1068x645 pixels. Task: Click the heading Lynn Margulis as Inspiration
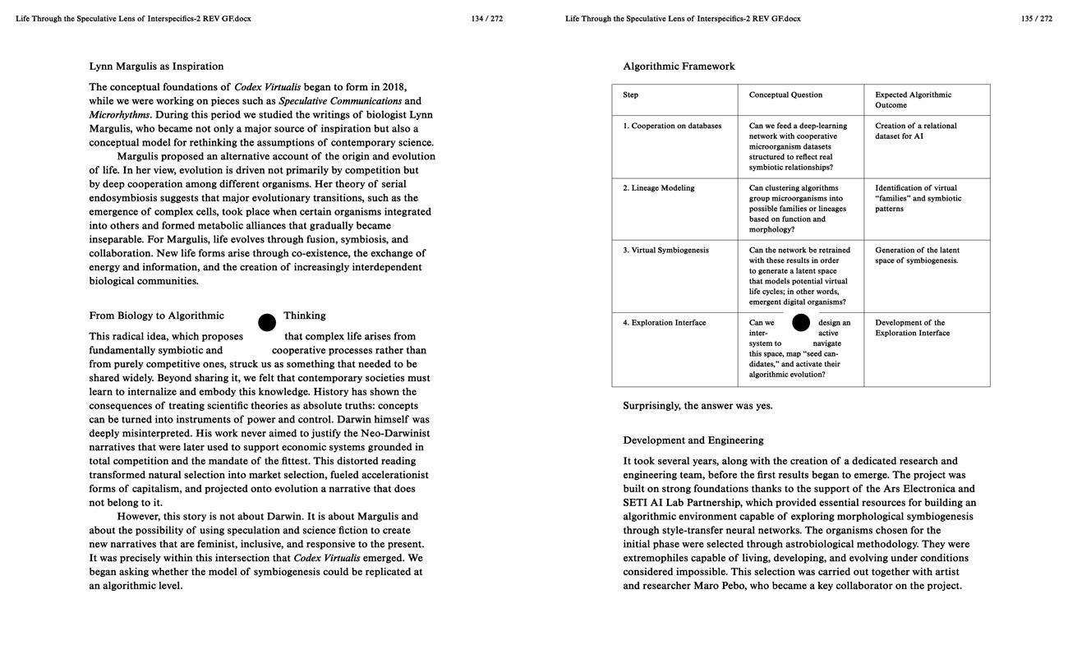(x=156, y=67)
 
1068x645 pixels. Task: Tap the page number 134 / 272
(x=487, y=19)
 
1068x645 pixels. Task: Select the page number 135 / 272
(x=1037, y=19)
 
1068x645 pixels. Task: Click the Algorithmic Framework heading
(x=679, y=67)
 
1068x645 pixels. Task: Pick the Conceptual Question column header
(x=785, y=95)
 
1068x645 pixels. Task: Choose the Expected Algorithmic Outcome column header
(x=913, y=99)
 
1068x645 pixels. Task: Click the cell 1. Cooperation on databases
(x=672, y=126)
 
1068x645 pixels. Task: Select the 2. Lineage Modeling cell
(x=658, y=188)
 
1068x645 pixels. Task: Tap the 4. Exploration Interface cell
(x=664, y=323)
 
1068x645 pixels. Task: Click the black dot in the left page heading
(x=267, y=322)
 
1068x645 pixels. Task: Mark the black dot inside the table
(x=801, y=323)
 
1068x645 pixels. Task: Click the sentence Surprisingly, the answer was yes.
(x=697, y=406)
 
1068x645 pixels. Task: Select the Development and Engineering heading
(x=693, y=440)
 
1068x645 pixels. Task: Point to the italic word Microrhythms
(x=120, y=114)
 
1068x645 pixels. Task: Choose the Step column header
(x=631, y=95)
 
